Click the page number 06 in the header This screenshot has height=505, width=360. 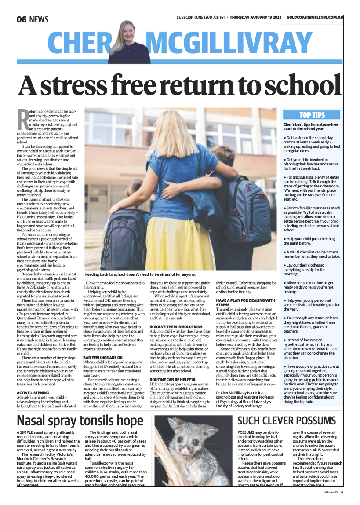click(23, 19)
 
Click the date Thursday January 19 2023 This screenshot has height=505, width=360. click(256, 18)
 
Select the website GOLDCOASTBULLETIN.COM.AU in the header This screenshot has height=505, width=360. click(315, 18)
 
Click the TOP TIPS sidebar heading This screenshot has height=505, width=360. click(312, 115)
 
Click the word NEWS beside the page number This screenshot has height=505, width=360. click(40, 19)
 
